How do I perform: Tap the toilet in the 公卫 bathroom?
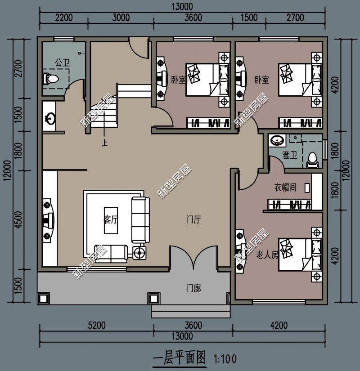[51, 80]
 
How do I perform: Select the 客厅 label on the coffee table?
[111, 220]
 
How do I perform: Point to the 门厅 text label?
[193, 220]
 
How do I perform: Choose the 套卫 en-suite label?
[289, 155]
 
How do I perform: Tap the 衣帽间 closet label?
[285, 187]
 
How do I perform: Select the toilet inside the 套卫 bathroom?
[311, 159]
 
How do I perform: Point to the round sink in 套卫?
[276, 141]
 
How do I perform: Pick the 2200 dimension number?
[63, 18]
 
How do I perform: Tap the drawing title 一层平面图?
[179, 358]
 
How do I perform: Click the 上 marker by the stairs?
[105, 144]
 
